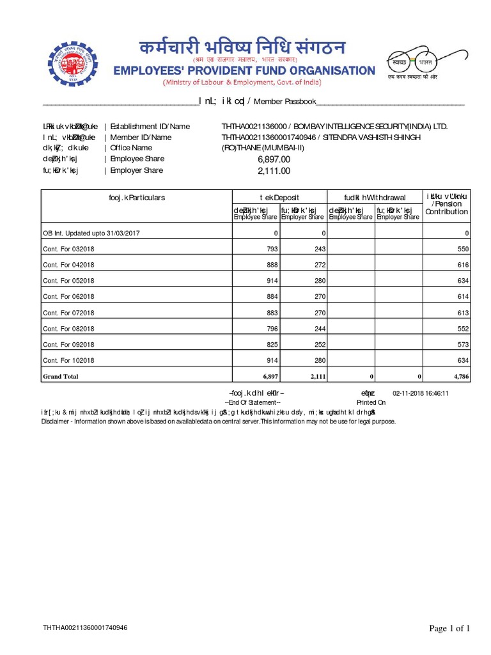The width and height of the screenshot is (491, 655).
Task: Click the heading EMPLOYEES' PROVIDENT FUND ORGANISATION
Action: tap(244, 70)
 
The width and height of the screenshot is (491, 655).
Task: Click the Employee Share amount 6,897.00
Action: tap(274, 159)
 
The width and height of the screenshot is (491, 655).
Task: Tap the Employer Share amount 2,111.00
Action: tap(274, 171)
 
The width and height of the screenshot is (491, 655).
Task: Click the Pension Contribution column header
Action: tap(447, 204)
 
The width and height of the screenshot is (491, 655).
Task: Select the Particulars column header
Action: tap(137, 198)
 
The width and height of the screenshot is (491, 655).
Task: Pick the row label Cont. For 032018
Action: tap(68, 249)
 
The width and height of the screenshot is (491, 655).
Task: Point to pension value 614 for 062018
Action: tap(463, 297)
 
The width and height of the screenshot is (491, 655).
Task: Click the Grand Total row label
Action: tap(61, 377)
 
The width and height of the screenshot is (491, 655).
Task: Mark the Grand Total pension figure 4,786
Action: tap(460, 377)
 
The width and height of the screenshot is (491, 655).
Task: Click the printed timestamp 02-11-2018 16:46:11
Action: tap(421, 393)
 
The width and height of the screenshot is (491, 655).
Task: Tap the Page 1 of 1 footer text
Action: tap(449, 629)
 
